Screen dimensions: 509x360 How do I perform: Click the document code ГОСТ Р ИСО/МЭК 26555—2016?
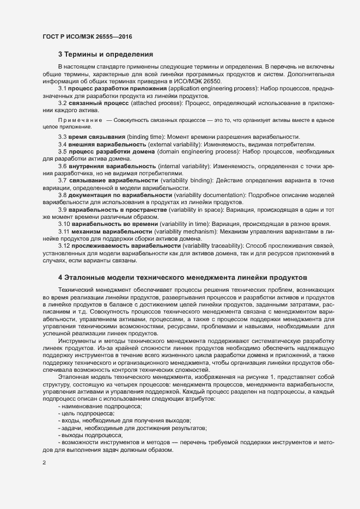pos(87,36)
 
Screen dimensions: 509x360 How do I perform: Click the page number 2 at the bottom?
pos(44,463)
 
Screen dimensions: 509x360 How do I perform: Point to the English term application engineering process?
pos(213,88)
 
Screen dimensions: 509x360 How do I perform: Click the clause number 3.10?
pos(64,224)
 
